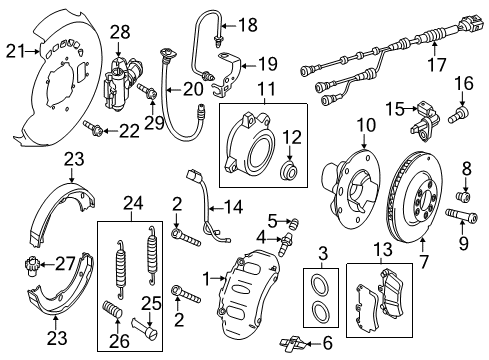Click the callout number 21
(x=15, y=51)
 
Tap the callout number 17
(x=437, y=65)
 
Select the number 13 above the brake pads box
(x=383, y=250)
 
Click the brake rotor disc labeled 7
(x=414, y=199)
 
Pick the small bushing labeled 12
(x=288, y=171)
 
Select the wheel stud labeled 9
(x=461, y=215)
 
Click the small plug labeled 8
(x=463, y=196)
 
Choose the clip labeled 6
(x=293, y=343)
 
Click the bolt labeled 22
(x=92, y=128)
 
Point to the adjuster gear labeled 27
(x=32, y=265)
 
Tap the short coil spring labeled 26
(x=112, y=309)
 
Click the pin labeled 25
(x=145, y=328)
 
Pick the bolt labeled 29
(x=147, y=91)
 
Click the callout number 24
(x=133, y=203)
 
